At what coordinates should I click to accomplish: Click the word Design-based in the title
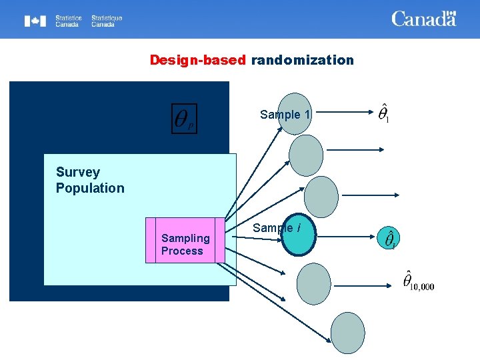pos(198,61)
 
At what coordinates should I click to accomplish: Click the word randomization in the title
pos(302,61)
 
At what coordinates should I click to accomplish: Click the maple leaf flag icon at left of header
pos(35,21)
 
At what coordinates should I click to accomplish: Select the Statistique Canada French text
pos(107,21)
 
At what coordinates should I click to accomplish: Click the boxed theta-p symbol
pos(184,119)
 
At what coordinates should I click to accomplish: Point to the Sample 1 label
pos(285,115)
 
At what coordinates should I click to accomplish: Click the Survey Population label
pos(90,180)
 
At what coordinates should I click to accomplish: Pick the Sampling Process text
pos(185,245)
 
